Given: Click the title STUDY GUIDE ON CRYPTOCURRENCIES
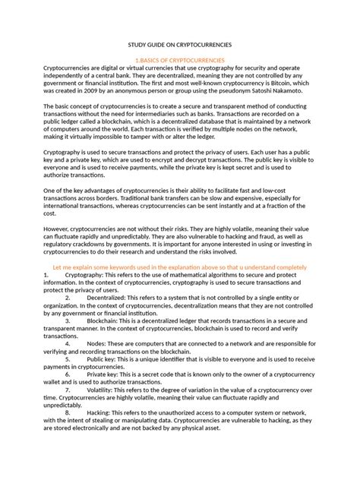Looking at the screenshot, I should point(180,46).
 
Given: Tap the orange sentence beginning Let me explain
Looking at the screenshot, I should point(180,267).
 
